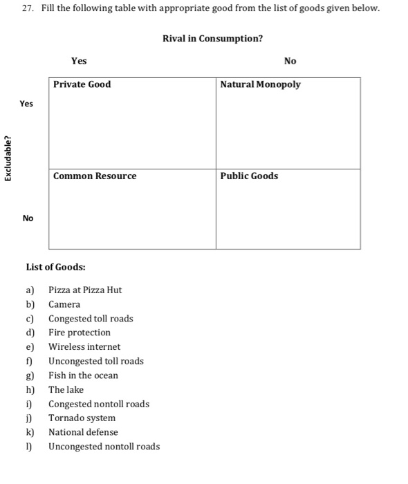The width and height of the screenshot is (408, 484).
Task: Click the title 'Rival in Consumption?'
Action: pos(212,38)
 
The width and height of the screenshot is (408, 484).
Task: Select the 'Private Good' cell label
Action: pos(82,84)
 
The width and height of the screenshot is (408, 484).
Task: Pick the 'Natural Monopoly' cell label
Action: pos(260,84)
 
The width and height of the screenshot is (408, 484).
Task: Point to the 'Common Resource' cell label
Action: pos(95,176)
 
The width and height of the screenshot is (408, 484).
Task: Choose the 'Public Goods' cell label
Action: pos(249,176)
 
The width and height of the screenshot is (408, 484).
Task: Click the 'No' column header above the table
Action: pos(290,61)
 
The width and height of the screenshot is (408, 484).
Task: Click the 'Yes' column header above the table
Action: pos(79,61)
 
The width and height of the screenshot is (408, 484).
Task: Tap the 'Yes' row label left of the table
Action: pos(26,104)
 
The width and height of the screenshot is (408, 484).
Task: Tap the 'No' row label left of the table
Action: pos(28,218)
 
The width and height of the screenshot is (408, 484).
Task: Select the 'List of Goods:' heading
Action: pos(55,267)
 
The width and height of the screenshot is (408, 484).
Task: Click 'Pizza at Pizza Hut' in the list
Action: pos(85,290)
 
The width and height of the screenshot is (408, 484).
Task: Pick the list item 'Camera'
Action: pos(64,304)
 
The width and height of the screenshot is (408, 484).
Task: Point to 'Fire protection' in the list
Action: pos(80,333)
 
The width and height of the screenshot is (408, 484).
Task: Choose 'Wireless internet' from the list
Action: pos(84,346)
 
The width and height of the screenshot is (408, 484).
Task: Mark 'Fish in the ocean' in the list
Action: pos(83,375)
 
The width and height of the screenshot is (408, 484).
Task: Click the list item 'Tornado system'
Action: pos(82,418)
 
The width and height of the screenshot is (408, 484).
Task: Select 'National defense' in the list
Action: pos(83,432)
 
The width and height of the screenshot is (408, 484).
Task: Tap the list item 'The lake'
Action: pos(66,389)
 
